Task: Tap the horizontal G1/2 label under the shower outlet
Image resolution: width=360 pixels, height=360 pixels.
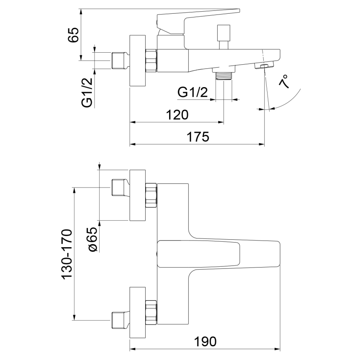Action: coord(192,92)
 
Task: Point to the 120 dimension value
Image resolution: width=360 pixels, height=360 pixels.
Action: coord(177,115)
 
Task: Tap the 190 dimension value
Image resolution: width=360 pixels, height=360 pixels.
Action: coord(205,342)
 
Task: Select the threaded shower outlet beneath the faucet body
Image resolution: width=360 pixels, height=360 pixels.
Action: coord(223,75)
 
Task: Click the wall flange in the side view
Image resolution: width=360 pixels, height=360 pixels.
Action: coord(138,61)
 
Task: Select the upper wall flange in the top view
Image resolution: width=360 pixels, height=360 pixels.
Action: coord(138,195)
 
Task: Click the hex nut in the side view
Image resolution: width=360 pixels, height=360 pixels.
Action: coord(151,60)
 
